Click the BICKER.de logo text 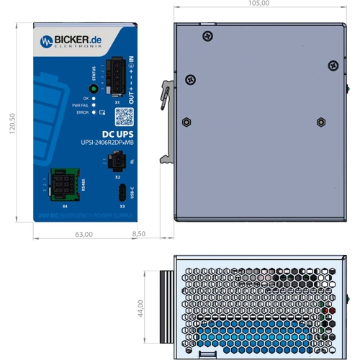(x=78, y=40)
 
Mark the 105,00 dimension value (x=258, y=4)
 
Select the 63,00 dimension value (x=84, y=234)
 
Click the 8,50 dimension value (x=140, y=234)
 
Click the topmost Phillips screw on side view (x=208, y=35)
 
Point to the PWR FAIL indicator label (x=81, y=105)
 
